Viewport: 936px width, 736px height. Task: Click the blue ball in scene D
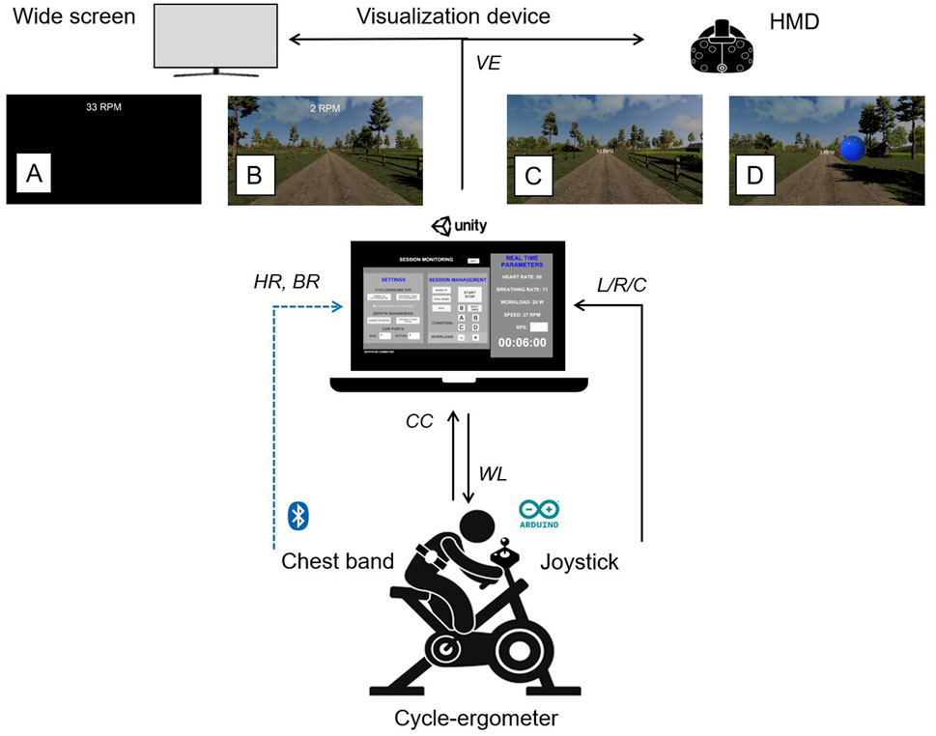pos(852,150)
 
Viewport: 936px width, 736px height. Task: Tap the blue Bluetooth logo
pos(298,517)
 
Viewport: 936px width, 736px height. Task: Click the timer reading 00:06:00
pos(522,342)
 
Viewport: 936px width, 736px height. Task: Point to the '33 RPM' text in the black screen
pos(103,106)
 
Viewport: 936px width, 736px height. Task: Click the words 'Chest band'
pos(338,562)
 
